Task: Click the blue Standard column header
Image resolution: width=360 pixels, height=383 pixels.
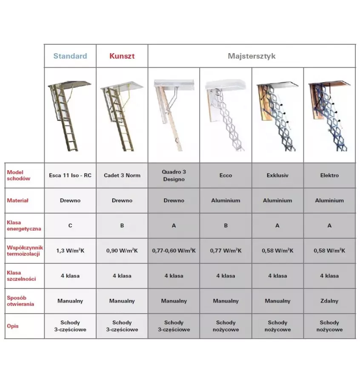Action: click(x=70, y=56)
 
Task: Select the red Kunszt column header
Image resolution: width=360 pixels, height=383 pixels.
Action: click(x=122, y=56)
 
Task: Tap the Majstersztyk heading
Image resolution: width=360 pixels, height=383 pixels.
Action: click(x=251, y=56)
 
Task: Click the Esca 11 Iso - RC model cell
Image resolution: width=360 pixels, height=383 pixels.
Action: click(x=70, y=175)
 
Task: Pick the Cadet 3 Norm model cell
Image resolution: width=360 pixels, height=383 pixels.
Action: click(x=122, y=175)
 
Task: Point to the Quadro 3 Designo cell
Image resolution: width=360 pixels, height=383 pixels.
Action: click(x=174, y=175)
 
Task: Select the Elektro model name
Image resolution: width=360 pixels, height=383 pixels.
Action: click(x=329, y=175)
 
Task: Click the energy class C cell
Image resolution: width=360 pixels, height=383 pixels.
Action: click(x=70, y=226)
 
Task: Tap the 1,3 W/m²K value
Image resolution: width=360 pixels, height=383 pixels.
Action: click(x=70, y=251)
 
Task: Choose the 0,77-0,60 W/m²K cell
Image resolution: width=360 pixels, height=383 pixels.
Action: click(x=174, y=251)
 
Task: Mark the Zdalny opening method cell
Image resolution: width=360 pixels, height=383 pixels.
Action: click(x=329, y=301)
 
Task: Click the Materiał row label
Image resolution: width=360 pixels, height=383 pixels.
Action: click(x=17, y=200)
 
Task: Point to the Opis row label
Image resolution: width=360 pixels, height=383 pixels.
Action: click(x=13, y=326)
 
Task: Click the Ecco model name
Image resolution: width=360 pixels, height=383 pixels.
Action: click(x=226, y=175)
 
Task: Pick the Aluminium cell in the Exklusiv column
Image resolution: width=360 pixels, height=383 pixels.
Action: click(x=277, y=200)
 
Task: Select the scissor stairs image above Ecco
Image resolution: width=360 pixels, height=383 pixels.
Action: click(x=226, y=115)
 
